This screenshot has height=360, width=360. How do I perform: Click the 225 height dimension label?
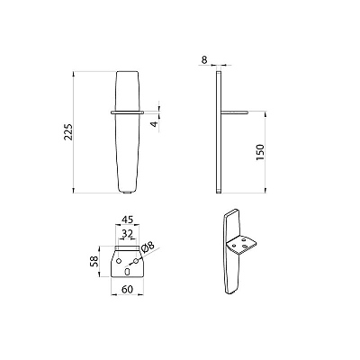click(x=68, y=131)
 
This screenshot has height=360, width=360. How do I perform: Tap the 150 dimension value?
click(x=260, y=152)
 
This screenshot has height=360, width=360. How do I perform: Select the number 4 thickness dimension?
click(x=154, y=123)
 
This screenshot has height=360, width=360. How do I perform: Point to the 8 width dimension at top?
click(x=204, y=60)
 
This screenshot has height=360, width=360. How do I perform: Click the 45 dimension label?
click(x=127, y=220)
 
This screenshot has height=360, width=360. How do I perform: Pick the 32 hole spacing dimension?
click(x=128, y=233)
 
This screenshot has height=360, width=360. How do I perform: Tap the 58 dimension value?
click(x=94, y=261)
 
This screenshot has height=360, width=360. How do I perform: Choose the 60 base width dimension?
click(x=127, y=290)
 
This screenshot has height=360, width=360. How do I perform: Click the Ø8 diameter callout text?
click(x=147, y=248)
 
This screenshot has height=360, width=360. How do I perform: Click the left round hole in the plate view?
click(x=119, y=261)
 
